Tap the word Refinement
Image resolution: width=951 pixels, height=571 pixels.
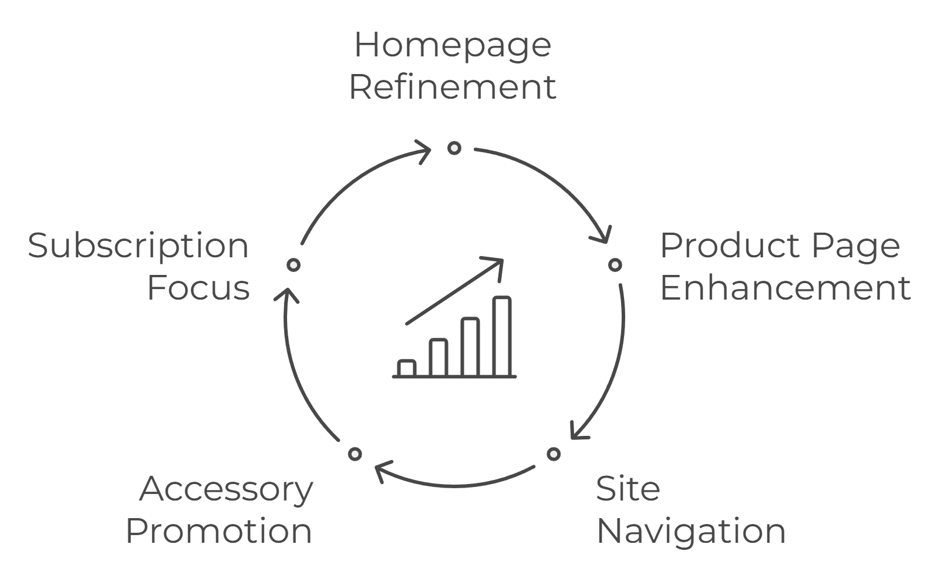tap(452, 87)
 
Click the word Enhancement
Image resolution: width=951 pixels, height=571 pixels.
tap(785, 288)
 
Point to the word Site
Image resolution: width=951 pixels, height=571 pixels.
tap(628, 489)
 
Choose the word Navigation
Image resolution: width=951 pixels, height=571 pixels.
tap(691, 531)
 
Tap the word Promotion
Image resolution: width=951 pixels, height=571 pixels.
tap(218, 531)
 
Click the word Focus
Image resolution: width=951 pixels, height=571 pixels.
tap(198, 288)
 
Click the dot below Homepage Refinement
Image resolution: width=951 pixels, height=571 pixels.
tap(454, 148)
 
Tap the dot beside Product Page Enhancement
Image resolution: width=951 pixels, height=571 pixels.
tap(615, 265)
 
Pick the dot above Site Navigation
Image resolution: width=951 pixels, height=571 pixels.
tap(554, 454)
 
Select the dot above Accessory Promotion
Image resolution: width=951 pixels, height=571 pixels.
tap(355, 454)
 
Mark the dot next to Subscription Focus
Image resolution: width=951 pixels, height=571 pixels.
tap(294, 265)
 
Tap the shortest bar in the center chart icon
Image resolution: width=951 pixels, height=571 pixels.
tap(406, 368)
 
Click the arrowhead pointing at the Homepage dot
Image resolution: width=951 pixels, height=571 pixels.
tap(426, 150)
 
